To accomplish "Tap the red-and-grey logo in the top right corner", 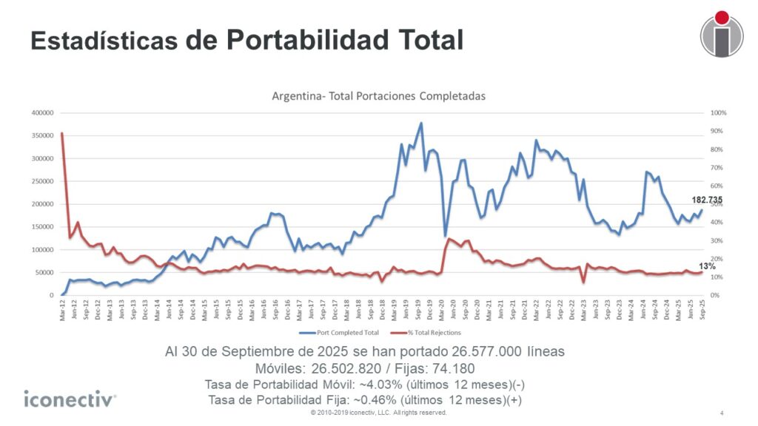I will click(722, 33).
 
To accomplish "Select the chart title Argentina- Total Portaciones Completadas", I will click(378, 97).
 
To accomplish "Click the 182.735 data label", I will click(707, 200).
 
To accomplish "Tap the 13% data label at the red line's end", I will click(707, 266).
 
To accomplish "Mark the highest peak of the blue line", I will click(421, 124).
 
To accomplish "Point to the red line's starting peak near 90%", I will click(61, 134).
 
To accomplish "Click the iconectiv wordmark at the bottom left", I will click(70, 400).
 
